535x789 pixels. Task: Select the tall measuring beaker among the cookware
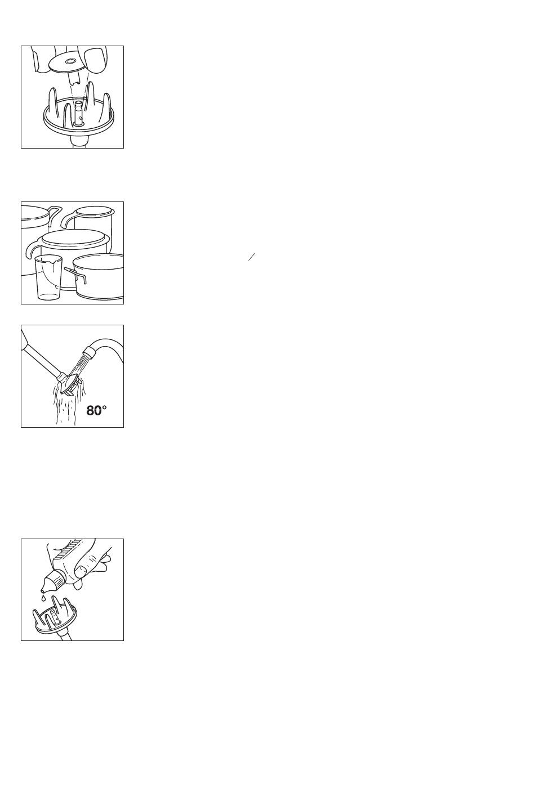48,277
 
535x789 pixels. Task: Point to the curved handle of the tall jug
68,220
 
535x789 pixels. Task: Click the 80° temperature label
96,411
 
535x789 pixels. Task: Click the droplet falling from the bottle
43,598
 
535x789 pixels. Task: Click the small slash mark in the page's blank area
252,257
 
